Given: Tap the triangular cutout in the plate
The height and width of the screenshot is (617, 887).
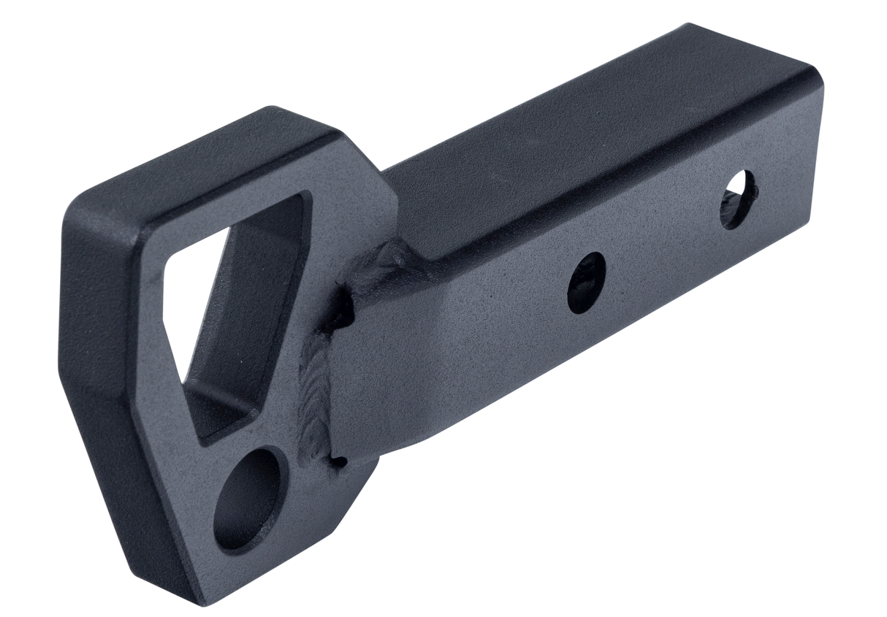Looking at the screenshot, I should click(219, 292).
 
